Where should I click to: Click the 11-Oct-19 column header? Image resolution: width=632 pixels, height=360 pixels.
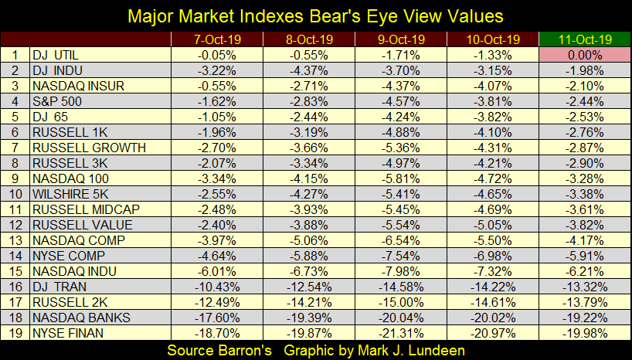pyautogui.click(x=584, y=39)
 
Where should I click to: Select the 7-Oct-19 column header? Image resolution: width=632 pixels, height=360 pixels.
pyautogui.click(x=216, y=39)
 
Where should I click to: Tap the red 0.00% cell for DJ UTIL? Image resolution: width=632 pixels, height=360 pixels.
pyautogui.click(x=585, y=55)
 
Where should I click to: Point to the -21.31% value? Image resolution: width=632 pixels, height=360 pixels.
pyautogui.click(x=401, y=332)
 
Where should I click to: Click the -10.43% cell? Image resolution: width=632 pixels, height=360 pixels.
pyautogui.click(x=216, y=286)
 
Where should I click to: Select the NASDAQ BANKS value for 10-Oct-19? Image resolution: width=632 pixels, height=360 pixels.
pyautogui.click(x=493, y=317)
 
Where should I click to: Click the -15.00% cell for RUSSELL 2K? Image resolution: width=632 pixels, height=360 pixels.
pyautogui.click(x=401, y=301)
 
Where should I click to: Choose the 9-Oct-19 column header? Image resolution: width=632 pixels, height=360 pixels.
pyautogui.click(x=401, y=39)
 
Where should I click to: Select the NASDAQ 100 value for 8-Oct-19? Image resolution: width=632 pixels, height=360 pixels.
pyautogui.click(x=309, y=178)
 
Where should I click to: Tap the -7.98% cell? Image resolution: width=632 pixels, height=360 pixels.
pyautogui.click(x=401, y=270)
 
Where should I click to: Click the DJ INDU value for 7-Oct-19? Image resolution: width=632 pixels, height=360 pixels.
pyautogui.click(x=216, y=70)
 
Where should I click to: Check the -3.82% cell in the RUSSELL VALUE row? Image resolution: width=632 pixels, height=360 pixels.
pyautogui.click(x=585, y=224)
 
